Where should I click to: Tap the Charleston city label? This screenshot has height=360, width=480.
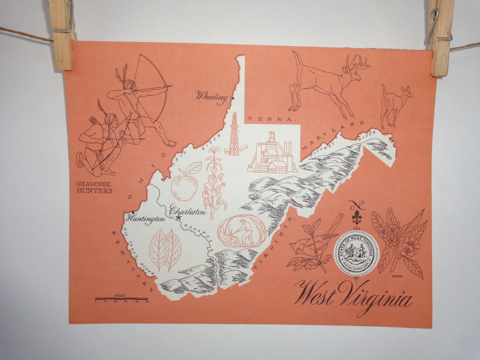coord(188,212)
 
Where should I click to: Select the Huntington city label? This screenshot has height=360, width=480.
coord(145,218)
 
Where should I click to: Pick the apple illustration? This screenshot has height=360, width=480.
coord(184,182)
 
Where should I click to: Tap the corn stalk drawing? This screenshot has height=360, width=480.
coord(213,182)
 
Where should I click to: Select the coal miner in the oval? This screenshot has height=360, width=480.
coord(242,231)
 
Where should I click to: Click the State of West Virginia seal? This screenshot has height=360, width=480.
coord(356,253)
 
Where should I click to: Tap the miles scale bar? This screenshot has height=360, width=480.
coord(121,299)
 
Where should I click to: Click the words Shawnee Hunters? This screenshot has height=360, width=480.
coord(94,187)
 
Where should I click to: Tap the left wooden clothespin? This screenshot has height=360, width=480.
coord(62,33)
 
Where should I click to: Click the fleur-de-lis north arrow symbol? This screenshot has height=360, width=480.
coord(357,216)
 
